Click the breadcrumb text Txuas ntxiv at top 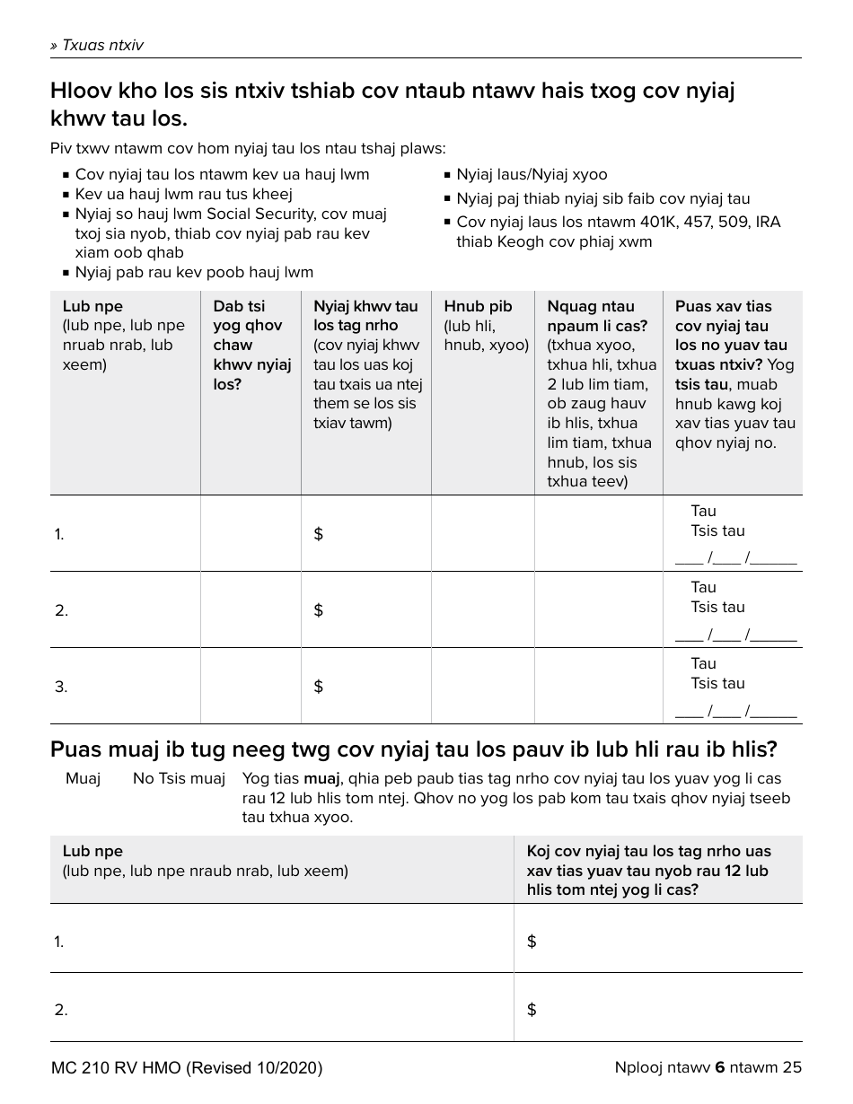coord(97,45)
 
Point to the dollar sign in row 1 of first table coord(318,534)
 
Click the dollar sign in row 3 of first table coord(318,687)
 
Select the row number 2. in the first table coord(61,610)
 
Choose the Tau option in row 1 coord(703,511)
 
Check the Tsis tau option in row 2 coord(717,607)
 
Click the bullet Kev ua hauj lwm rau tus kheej coord(183,194)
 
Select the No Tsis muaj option coord(179,778)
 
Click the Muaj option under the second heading coord(83,778)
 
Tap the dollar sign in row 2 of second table coord(532,1010)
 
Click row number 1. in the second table coord(59,942)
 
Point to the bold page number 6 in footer coord(719,1067)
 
